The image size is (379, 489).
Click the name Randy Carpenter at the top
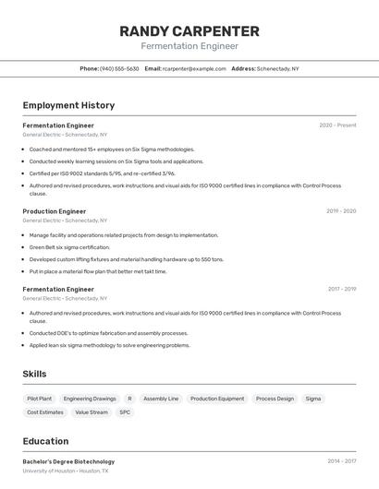coord(189,31)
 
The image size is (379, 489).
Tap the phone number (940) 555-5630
coord(119,68)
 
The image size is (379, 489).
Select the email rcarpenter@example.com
coord(194,68)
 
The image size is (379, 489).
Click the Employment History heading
coord(68,105)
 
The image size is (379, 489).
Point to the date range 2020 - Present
coord(337,125)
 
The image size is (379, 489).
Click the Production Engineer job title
coord(55,211)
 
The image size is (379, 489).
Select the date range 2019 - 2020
coord(340,211)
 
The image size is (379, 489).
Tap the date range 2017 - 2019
coord(341,290)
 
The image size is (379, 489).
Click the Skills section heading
coord(35,374)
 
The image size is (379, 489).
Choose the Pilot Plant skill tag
coord(40,399)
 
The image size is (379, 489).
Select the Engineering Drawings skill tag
coord(90,399)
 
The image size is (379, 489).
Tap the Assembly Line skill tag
coord(161,399)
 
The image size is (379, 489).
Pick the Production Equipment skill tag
coord(217,399)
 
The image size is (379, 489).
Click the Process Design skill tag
coord(275,399)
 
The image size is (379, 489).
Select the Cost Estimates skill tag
coord(45,412)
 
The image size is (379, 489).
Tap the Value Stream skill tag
coord(92,412)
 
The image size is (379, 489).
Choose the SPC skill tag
coord(125,412)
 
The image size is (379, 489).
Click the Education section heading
coord(45,441)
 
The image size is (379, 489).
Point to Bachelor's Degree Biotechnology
coord(68,461)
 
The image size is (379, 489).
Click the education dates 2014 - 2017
coord(341,461)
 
